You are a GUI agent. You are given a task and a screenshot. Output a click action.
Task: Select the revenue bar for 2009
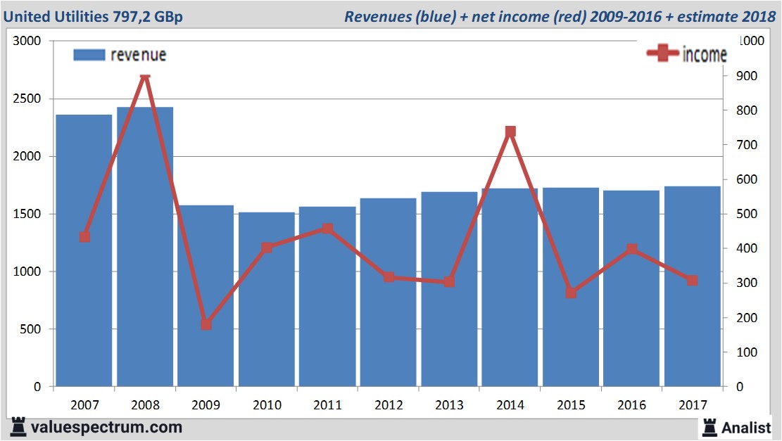[206, 295]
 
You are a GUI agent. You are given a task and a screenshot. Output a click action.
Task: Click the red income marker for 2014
[510, 132]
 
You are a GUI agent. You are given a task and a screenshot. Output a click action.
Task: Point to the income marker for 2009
[206, 324]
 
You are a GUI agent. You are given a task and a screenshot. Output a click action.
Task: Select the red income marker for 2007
[84, 237]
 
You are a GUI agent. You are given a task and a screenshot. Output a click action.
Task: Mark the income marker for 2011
[327, 229]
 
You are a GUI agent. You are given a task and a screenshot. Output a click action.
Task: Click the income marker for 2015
[571, 293]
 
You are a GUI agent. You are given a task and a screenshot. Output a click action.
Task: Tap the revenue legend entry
[120, 55]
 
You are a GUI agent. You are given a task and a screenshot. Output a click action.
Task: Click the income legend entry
[686, 55]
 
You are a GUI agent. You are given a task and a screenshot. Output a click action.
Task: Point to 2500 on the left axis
[29, 99]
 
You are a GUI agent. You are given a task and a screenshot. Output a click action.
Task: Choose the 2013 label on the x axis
[449, 405]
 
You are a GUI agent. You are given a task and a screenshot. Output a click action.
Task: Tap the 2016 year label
[631, 405]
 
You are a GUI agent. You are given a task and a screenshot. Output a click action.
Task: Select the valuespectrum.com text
[106, 427]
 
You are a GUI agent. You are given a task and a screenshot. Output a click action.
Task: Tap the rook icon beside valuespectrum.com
[18, 427]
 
